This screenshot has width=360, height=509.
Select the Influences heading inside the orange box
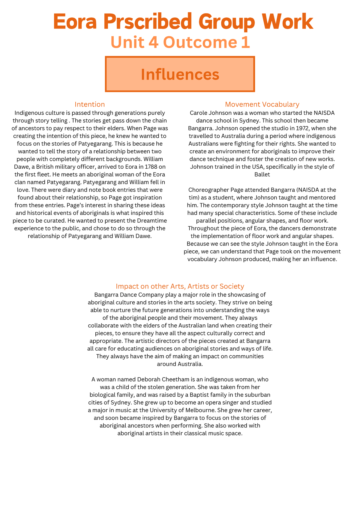tap(180, 74)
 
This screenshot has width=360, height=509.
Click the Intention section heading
tap(90, 104)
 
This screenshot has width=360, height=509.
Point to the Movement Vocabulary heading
tap(262, 104)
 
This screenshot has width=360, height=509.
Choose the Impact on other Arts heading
tap(180, 286)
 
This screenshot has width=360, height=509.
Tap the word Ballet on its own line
tap(262, 174)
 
